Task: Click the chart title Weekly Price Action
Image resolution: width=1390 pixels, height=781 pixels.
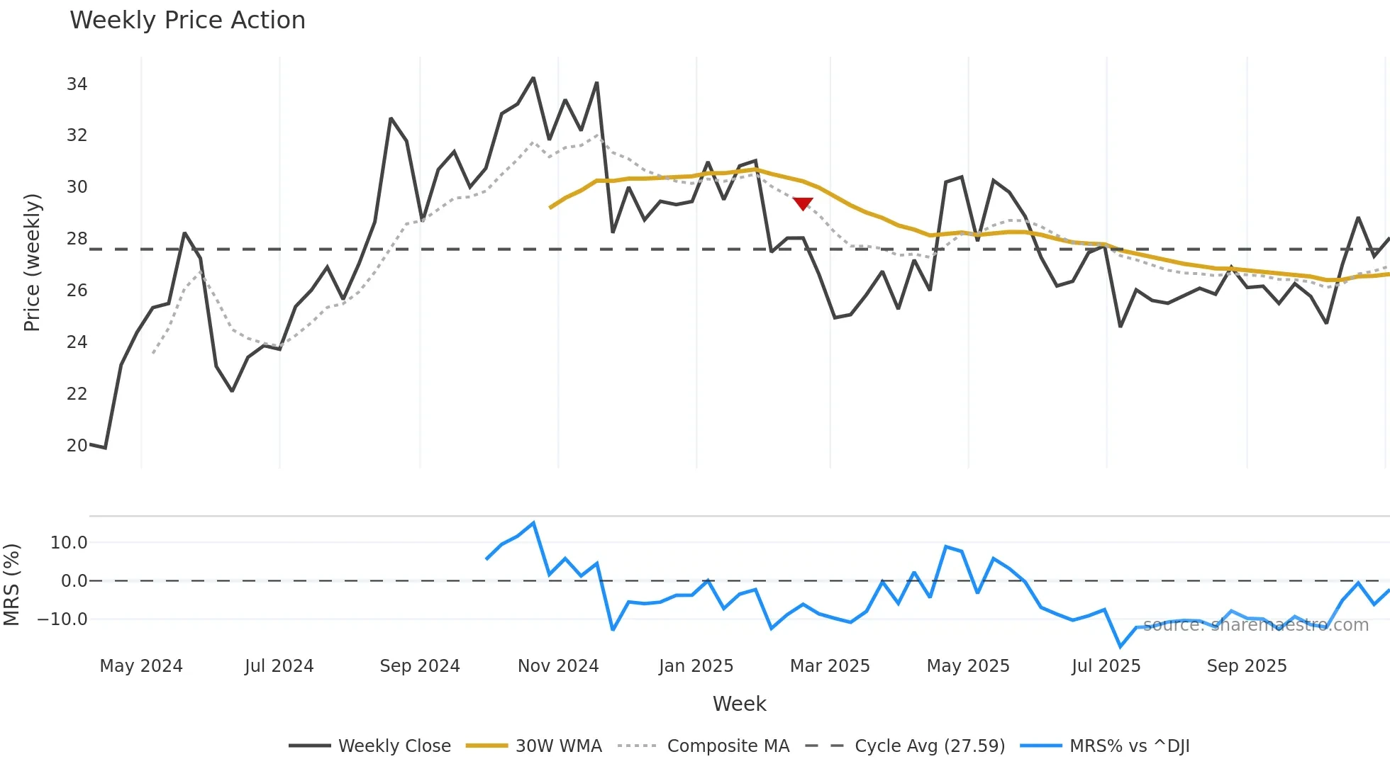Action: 187,21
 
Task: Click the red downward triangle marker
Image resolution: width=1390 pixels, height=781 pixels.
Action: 803,204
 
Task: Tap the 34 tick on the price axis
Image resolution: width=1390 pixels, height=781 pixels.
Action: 77,84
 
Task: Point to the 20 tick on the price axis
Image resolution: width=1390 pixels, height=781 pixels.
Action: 77,446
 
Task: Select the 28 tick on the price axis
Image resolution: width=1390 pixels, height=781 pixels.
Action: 77,239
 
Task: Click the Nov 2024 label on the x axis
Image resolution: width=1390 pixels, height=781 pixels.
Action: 558,666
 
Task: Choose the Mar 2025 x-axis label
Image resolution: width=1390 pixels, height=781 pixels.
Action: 830,666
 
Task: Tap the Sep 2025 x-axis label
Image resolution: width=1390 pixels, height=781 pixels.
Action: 1247,666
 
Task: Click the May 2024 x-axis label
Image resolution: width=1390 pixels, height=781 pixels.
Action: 141,666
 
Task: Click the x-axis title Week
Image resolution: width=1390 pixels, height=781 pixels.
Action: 739,704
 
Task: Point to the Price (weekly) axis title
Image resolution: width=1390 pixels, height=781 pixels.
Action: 32,262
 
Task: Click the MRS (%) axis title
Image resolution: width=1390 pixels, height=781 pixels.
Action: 11,585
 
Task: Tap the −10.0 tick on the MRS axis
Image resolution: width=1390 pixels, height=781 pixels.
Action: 62,619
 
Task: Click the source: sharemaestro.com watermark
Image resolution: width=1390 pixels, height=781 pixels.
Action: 1255,625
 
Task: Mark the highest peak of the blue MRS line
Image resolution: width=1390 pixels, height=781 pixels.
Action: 533,523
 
